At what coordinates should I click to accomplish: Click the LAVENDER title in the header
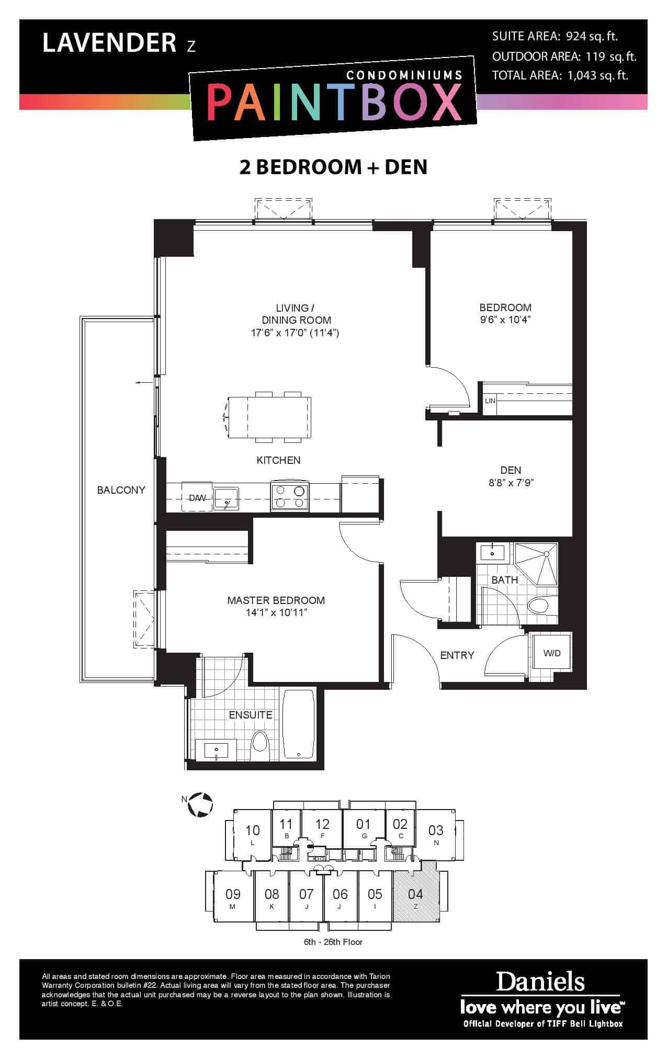109,43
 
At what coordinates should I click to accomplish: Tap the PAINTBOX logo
334,102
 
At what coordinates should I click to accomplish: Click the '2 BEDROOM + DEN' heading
333,167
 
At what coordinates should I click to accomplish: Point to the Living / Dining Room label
297,314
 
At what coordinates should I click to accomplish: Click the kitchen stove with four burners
290,496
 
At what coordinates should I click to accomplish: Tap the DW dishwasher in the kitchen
197,498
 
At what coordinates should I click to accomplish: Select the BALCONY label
121,490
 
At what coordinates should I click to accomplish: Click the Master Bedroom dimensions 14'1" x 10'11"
276,613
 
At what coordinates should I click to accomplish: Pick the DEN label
511,470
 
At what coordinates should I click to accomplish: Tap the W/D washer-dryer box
551,653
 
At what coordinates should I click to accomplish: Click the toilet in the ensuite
259,742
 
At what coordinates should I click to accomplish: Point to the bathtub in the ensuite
299,724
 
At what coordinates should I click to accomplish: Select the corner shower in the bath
536,564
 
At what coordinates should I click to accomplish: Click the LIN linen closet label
490,401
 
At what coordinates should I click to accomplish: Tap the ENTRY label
457,655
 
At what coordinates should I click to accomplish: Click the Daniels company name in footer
540,982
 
